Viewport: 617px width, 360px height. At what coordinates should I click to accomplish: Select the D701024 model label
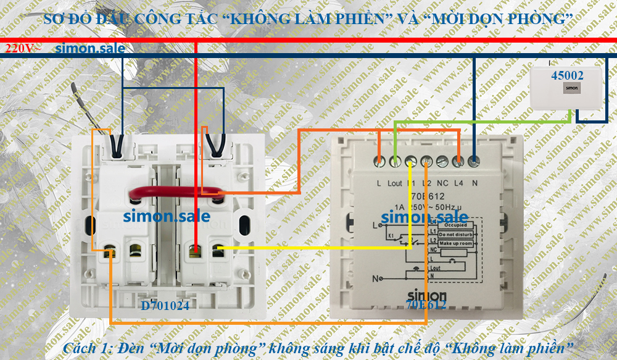click(165, 305)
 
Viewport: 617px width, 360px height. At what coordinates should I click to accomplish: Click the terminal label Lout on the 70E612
click(395, 183)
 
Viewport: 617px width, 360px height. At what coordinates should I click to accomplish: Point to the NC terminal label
click(442, 183)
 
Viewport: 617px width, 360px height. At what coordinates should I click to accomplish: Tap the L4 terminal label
click(458, 183)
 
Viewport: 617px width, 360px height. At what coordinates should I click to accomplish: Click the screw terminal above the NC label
click(442, 161)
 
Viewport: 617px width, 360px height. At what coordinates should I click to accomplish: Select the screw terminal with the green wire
click(395, 161)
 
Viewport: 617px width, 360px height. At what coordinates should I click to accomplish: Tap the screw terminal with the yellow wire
click(411, 161)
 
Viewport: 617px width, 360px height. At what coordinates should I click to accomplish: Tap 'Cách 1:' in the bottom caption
click(85, 347)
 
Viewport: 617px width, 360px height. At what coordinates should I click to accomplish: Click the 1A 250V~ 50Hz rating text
click(426, 204)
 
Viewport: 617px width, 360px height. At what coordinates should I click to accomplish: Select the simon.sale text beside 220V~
click(89, 49)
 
